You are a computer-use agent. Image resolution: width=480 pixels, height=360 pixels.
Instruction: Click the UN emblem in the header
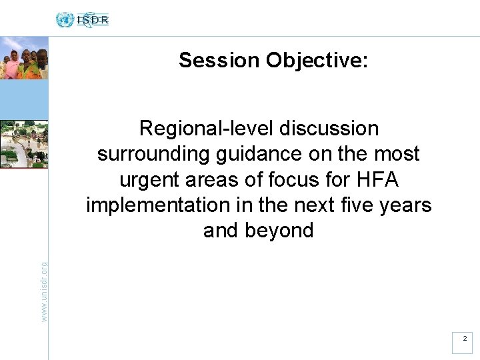[65, 20]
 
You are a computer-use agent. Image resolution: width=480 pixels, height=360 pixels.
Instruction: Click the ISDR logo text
[93, 20]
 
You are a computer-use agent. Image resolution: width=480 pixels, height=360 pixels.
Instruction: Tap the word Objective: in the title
[317, 61]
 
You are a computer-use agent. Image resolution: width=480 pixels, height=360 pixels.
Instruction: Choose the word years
[406, 205]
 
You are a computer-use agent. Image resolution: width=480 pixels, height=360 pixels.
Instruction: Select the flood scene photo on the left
[24, 144]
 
